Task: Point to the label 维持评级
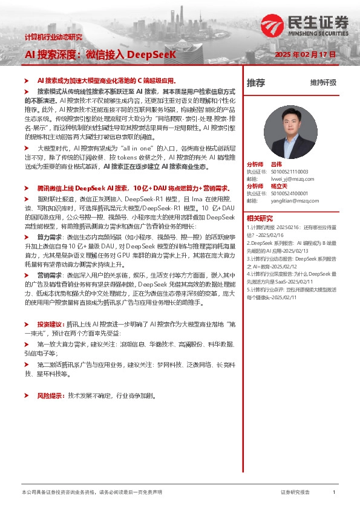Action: (x=322, y=83)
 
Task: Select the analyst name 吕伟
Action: (x=277, y=164)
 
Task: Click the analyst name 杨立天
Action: (x=279, y=186)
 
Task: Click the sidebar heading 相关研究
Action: (x=260, y=218)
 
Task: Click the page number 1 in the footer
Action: (x=334, y=493)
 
